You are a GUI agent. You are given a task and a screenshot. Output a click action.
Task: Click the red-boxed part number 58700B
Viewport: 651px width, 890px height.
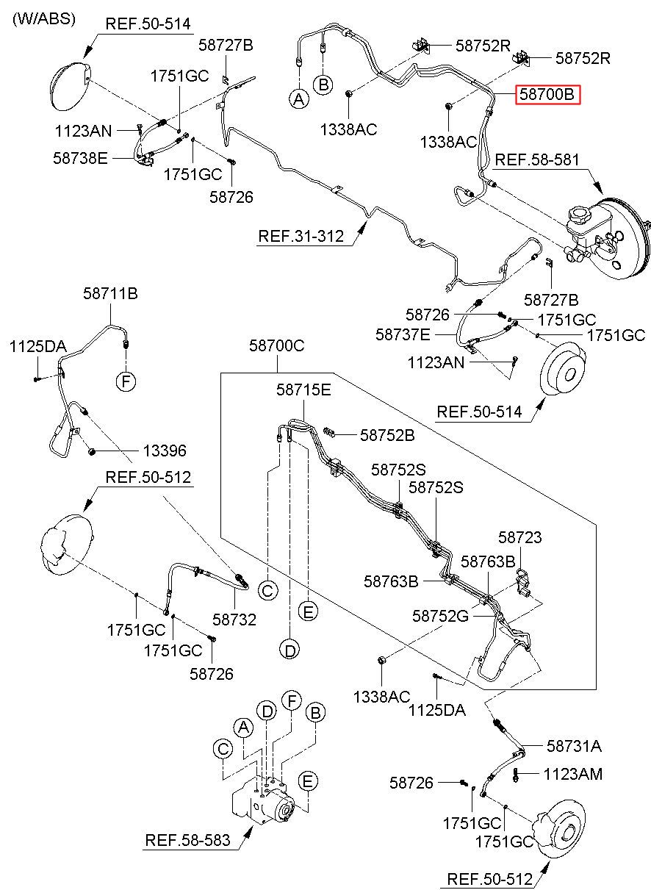click(x=547, y=95)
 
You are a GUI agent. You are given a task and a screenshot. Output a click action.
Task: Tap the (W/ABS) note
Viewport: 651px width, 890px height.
click(x=44, y=18)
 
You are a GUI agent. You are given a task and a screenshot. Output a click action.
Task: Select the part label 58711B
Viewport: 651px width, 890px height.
click(x=110, y=294)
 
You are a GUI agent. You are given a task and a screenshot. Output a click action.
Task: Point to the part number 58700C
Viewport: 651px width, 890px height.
click(x=277, y=345)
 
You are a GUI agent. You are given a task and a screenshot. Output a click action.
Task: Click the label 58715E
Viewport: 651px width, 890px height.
click(x=304, y=390)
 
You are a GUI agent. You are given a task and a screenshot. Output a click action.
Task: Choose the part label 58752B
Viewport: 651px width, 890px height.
click(x=387, y=436)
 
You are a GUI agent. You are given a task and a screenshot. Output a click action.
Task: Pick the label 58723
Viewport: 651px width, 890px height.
click(x=520, y=537)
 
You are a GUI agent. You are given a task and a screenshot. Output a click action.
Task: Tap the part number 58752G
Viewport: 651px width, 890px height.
click(x=440, y=617)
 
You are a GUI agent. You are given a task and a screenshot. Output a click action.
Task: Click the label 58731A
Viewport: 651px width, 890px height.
click(x=574, y=746)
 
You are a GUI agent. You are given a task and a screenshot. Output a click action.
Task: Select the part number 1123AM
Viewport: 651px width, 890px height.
click(x=573, y=774)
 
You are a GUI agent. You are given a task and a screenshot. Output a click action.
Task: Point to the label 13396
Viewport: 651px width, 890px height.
click(x=165, y=451)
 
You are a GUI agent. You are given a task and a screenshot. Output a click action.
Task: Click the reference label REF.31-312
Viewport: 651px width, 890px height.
click(x=301, y=236)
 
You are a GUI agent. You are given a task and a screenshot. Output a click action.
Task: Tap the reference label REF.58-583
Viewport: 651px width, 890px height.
click(x=188, y=840)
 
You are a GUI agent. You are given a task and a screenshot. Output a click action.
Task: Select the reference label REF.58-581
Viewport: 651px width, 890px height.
click(x=537, y=159)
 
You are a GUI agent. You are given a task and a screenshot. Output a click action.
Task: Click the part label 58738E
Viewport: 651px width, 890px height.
click(x=80, y=158)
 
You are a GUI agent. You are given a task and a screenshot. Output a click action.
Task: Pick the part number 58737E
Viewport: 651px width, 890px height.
click(x=403, y=334)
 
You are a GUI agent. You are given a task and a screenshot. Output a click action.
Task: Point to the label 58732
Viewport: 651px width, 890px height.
click(x=234, y=620)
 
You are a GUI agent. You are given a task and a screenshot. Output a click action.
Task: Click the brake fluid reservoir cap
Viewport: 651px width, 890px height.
click(x=578, y=214)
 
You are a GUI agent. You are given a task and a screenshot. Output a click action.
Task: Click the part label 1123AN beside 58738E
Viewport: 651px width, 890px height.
click(x=84, y=131)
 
